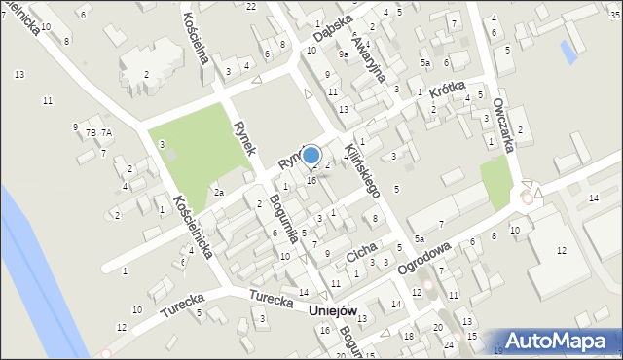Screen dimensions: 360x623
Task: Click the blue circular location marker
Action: pyautogui.click(x=311, y=155)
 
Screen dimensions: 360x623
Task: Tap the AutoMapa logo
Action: pyautogui.click(x=559, y=342)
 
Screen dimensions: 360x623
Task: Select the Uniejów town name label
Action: pyautogui.click(x=332, y=310)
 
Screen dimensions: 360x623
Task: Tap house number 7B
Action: pyautogui.click(x=92, y=132)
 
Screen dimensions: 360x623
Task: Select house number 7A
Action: pyautogui.click(x=107, y=132)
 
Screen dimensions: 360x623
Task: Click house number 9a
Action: pyautogui.click(x=344, y=54)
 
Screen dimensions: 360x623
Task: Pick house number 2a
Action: pyautogui.click(x=220, y=193)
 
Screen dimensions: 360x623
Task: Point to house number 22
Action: pyautogui.click(x=251, y=6)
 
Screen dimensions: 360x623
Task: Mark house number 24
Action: pyautogui.click(x=449, y=344)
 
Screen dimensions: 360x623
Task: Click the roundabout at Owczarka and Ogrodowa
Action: pyautogui.click(x=527, y=197)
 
